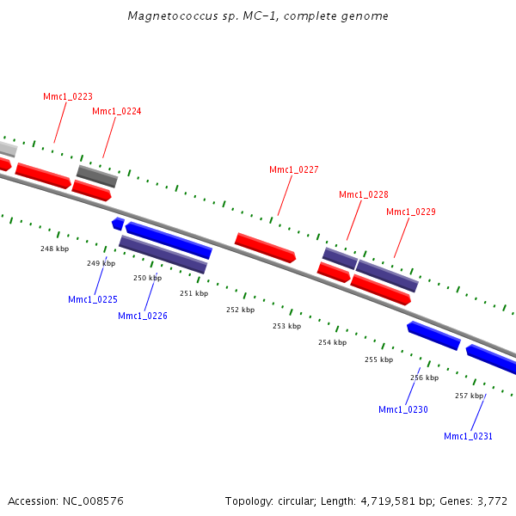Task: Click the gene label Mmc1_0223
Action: [x=68, y=97]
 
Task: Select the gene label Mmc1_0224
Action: [x=117, y=112]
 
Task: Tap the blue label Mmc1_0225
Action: [x=93, y=299]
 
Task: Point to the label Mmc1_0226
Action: [x=143, y=316]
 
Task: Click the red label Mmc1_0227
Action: [x=294, y=170]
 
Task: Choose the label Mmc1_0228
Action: [x=364, y=195]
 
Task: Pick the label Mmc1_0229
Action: [x=411, y=212]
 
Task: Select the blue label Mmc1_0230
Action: [x=403, y=409]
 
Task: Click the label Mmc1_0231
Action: [x=469, y=436]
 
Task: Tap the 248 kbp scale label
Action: [x=54, y=249]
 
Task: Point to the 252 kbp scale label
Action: [x=240, y=310]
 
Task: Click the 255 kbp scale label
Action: [x=378, y=359]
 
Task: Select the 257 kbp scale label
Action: [x=470, y=396]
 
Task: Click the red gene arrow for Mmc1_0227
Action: [x=265, y=247]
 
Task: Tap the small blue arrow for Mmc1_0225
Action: [x=118, y=224]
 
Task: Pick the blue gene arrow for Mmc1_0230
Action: [x=433, y=335]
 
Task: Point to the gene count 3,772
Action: [x=494, y=501]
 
